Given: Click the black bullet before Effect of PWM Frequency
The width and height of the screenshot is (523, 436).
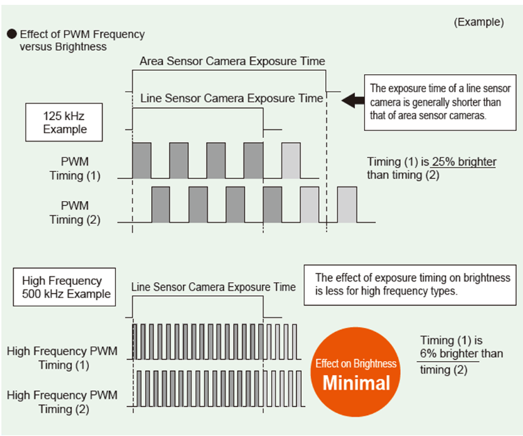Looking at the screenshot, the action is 12,34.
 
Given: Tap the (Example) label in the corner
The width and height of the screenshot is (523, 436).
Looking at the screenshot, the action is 479,22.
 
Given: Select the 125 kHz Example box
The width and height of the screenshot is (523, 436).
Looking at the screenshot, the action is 64,122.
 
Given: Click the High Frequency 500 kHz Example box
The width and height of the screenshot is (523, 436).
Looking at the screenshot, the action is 65,287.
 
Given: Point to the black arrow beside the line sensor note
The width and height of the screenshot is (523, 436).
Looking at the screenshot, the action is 353,101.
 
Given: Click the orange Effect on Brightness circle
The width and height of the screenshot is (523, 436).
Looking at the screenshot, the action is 356,372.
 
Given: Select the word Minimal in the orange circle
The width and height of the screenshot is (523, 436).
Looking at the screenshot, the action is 357,383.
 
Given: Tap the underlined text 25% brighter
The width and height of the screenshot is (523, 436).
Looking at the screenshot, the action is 464,162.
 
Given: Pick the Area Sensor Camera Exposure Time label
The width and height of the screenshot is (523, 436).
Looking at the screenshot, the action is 232,61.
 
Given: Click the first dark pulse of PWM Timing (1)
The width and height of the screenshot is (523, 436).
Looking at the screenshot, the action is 142,161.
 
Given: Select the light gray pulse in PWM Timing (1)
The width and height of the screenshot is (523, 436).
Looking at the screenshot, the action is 291,161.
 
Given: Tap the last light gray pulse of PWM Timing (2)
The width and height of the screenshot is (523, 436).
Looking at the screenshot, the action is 347,204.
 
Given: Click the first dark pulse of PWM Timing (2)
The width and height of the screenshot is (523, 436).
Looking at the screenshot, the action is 161,204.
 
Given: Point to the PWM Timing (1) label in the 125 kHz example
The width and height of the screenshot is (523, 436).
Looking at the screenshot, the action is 75,168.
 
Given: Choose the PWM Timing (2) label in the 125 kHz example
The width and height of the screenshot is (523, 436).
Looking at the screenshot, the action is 75,213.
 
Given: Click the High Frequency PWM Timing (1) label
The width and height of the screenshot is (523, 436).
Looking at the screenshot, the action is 62,358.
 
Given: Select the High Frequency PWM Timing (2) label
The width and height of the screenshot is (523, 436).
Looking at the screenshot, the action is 62,402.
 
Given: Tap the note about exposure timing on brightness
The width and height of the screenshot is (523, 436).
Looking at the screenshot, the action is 410,285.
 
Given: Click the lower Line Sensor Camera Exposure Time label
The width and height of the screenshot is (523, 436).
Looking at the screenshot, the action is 214,287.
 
